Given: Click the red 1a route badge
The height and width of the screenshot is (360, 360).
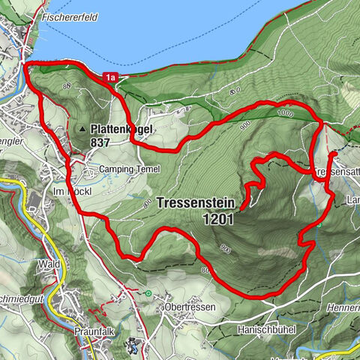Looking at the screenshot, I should [111, 76].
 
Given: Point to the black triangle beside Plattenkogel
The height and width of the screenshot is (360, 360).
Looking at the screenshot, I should [82, 129].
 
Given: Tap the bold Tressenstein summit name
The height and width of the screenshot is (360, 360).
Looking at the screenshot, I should [196, 203].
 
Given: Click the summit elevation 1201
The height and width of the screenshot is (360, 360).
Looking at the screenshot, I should [217, 219].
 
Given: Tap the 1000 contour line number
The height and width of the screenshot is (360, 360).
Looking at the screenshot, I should [282, 113].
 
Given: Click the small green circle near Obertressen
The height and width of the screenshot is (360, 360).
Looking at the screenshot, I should [148, 292].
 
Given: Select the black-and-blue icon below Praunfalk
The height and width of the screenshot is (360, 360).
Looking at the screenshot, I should [132, 346].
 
